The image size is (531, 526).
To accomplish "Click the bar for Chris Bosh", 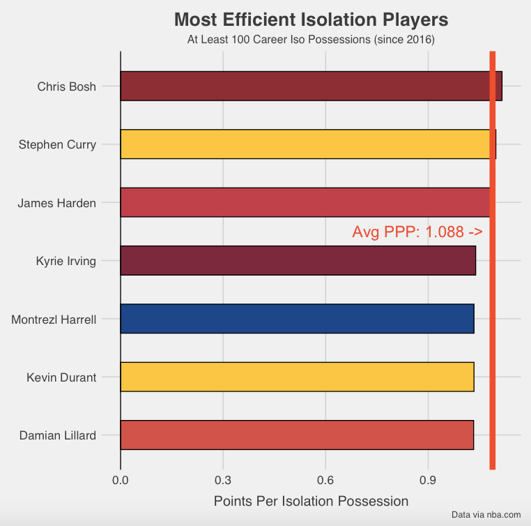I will tap(307, 86).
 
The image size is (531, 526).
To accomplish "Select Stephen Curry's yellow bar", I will tap(307, 144).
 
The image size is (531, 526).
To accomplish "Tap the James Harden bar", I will tap(307, 202).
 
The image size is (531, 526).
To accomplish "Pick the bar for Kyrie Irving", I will tap(298, 260).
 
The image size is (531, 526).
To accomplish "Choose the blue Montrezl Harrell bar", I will tap(297, 318).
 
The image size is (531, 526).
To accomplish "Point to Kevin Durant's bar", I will tap(297, 377).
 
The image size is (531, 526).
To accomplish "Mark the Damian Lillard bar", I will tap(297, 435).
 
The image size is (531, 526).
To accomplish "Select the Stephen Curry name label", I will tap(57, 145).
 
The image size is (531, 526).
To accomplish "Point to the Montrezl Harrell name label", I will tap(54, 320).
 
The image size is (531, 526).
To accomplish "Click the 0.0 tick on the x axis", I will tap(121, 480).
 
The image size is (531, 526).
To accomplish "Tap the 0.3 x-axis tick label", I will tap(223, 480).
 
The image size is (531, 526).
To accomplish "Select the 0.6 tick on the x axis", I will tap(325, 480).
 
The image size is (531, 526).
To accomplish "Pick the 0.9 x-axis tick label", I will tap(428, 480).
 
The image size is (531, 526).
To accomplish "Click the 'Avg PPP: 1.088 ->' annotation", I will tap(417, 232).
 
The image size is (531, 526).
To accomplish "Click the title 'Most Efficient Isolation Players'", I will tap(311, 19).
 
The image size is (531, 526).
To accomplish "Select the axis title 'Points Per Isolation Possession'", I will tap(311, 501).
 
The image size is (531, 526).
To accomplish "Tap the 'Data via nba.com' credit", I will tap(486, 515).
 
